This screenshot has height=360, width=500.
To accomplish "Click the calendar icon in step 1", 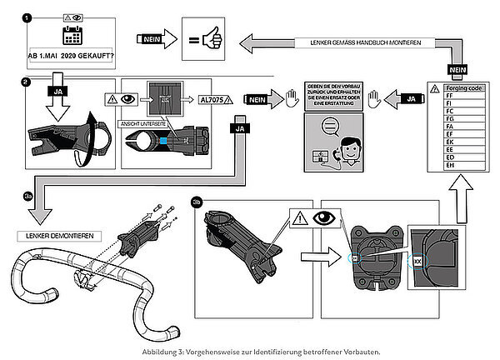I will (71, 36).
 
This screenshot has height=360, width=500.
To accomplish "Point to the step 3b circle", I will (197, 201).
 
